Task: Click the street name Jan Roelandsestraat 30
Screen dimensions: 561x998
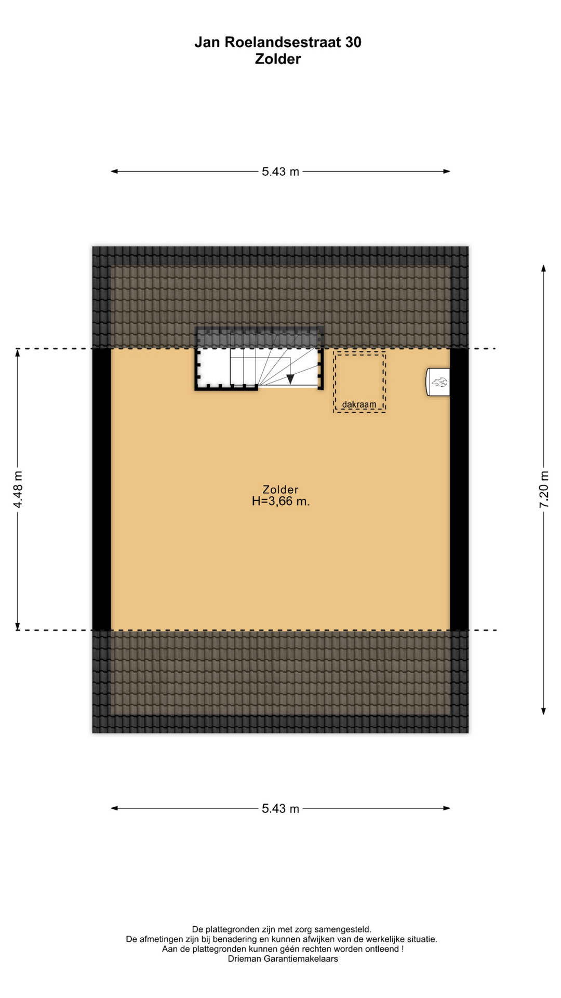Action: (278, 42)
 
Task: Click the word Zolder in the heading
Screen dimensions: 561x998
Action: (278, 59)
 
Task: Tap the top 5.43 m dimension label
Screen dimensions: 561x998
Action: (280, 172)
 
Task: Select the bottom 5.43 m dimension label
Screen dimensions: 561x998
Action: (280, 808)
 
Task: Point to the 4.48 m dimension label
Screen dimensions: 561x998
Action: (18, 489)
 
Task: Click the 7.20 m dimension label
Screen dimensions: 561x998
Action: (544, 489)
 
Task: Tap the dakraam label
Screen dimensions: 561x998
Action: (359, 404)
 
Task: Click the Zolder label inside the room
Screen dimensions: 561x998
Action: (280, 490)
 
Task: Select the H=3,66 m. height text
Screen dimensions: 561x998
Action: (280, 502)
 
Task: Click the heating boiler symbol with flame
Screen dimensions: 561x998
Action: (438, 383)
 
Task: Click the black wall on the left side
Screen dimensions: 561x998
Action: (102, 489)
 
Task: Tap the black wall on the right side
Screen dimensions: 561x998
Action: (459, 489)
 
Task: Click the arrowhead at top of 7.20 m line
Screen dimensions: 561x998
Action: (544, 268)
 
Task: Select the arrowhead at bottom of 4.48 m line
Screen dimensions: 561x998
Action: (18, 626)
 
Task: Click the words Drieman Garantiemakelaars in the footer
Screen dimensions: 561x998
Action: (283, 959)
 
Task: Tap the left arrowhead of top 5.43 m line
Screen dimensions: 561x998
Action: (115, 172)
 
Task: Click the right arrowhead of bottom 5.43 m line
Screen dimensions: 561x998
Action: (446, 808)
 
